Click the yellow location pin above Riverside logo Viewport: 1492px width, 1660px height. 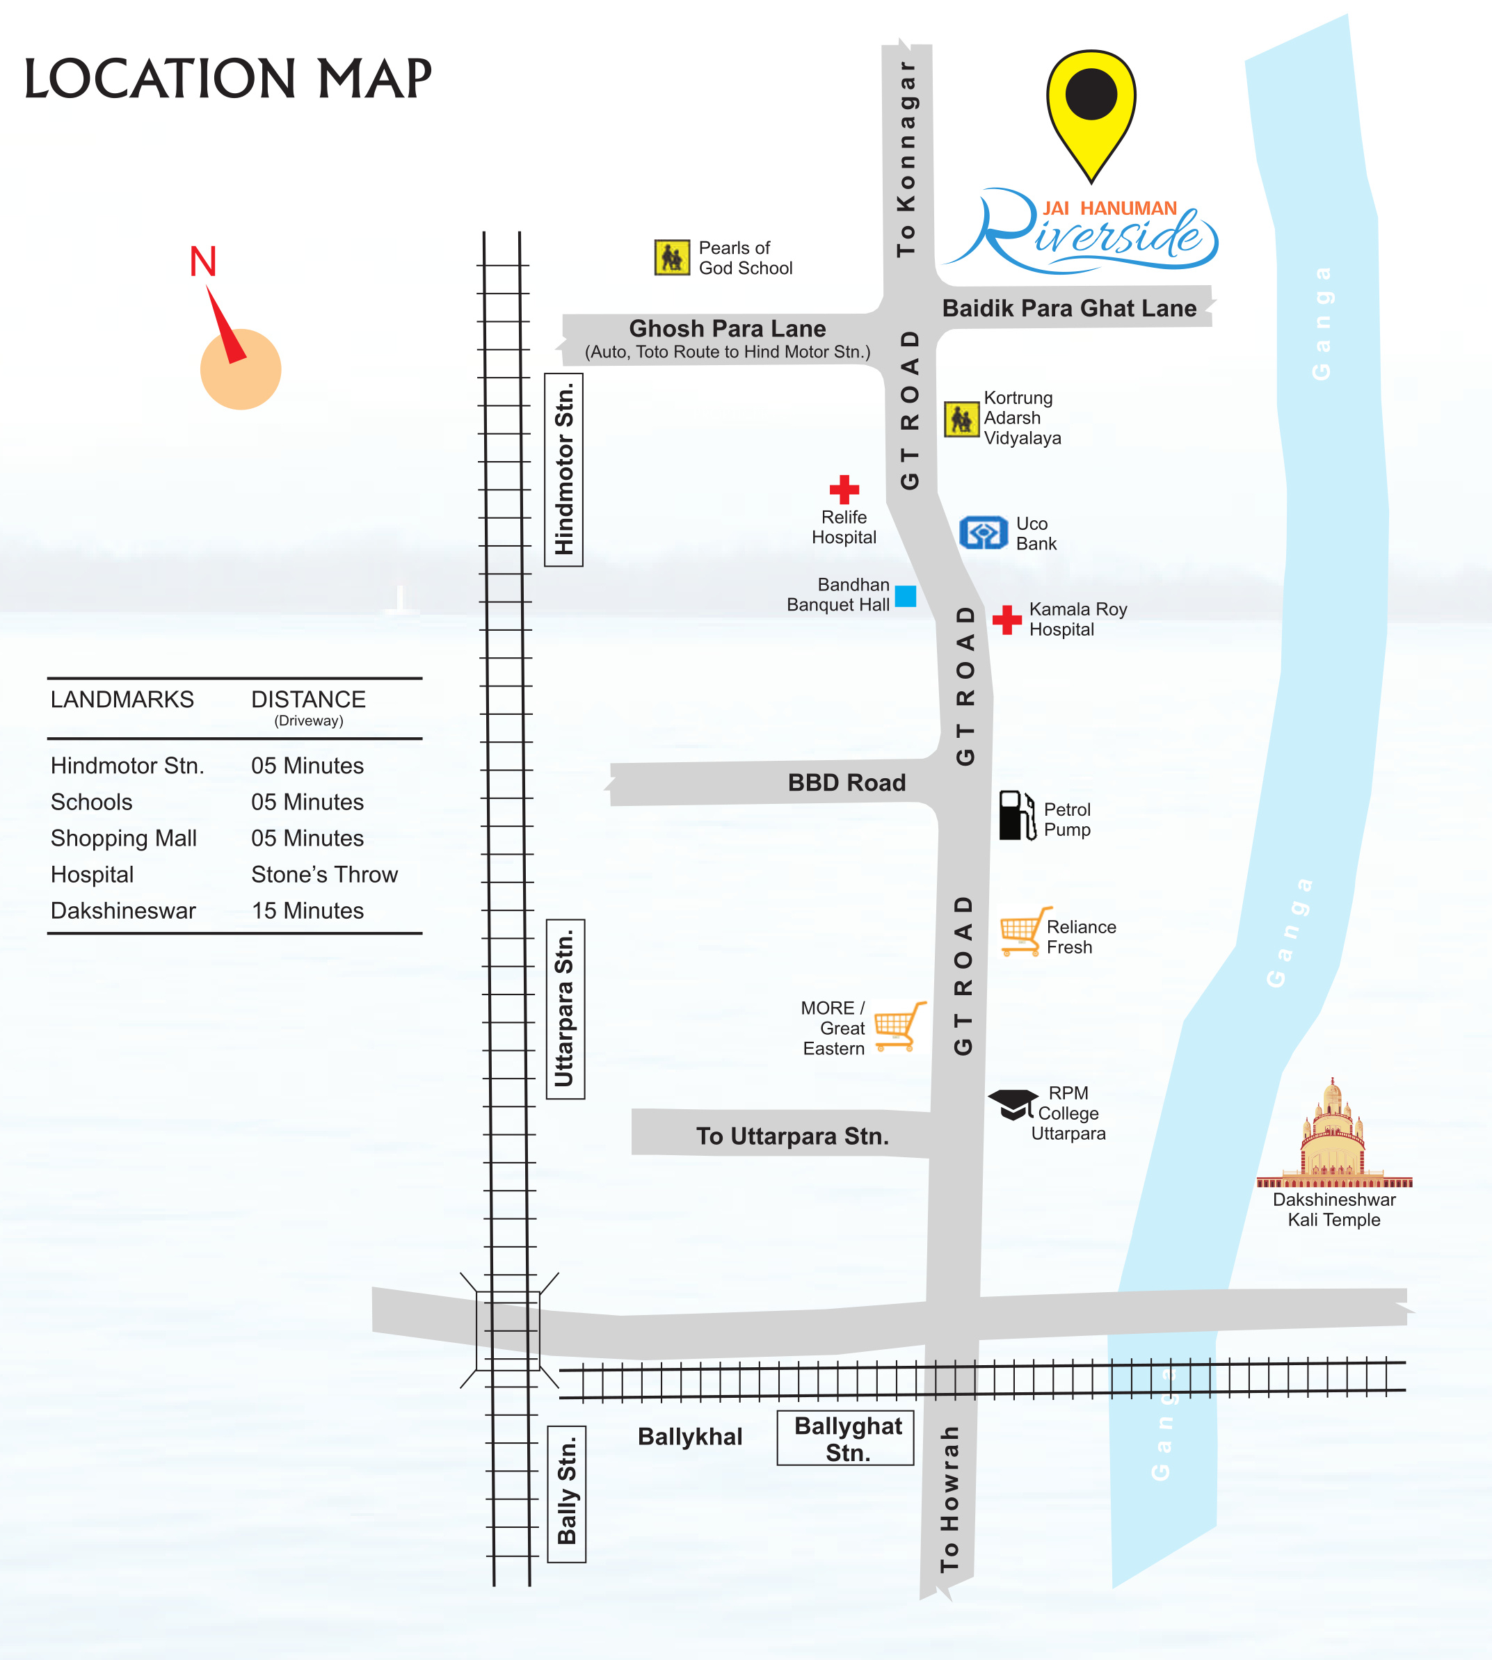point(1091,106)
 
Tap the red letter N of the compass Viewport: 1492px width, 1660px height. point(202,261)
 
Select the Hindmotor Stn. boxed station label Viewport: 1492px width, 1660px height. point(564,469)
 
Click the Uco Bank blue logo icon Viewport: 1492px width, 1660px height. point(983,533)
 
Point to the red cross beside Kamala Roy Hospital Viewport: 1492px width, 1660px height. point(1006,620)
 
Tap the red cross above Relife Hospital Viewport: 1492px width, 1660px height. point(844,490)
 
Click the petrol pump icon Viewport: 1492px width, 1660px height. point(1016,816)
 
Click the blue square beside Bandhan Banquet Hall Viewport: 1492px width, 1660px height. point(905,596)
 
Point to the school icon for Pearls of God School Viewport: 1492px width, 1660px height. point(672,257)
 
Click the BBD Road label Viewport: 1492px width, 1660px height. point(847,783)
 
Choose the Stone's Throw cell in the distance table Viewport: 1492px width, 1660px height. point(324,875)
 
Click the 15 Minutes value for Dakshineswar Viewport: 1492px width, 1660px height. point(307,911)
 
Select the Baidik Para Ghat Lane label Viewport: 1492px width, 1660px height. point(1069,308)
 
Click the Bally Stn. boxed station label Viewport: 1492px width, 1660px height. point(566,1494)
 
